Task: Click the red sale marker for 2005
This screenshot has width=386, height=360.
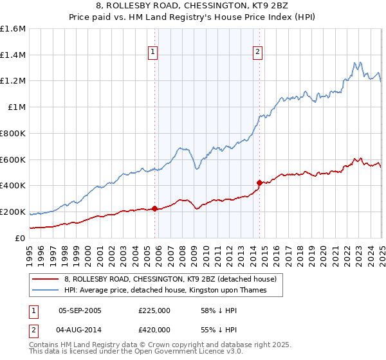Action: coord(155,208)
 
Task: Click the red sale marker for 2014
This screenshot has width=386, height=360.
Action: coord(259,183)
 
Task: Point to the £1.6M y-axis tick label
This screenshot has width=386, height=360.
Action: coord(13,29)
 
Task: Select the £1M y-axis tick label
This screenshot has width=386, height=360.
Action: coord(16,107)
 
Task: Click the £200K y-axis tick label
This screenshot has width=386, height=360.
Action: coord(13,212)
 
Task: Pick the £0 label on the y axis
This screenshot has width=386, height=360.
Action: coord(21,238)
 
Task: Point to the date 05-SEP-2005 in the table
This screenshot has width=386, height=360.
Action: coord(79,310)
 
